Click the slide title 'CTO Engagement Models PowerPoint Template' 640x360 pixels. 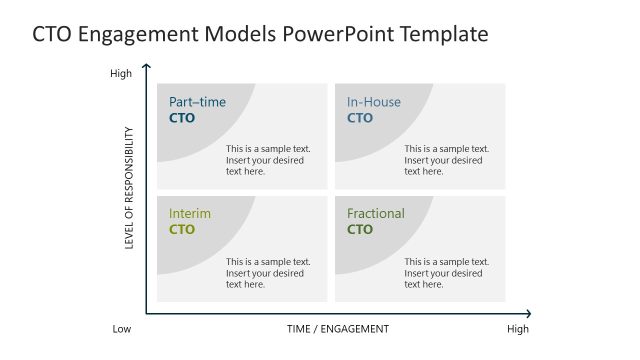coord(260,34)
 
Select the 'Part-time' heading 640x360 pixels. coord(197,102)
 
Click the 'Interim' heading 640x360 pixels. coord(190,214)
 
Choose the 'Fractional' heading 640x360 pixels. coord(376,214)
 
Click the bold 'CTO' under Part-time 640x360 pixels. coord(182,118)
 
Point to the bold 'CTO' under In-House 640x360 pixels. coord(360,118)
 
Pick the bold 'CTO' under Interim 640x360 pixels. coord(182,230)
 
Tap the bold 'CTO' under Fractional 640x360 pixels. coord(360,230)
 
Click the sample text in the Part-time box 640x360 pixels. coord(267,160)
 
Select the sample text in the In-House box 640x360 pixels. coord(445,160)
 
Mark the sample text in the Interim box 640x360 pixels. coord(267,273)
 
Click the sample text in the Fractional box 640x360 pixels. coord(445,273)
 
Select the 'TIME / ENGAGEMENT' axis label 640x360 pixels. coord(337,329)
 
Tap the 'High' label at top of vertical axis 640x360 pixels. coord(120,73)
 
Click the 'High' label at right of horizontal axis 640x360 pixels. coord(518,329)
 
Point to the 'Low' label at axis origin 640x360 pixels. coord(121,329)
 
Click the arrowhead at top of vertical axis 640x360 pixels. coord(147,67)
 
